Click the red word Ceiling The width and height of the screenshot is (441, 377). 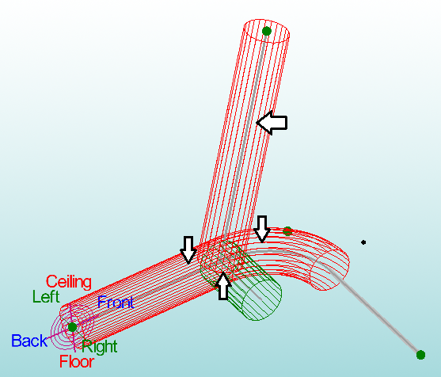tap(69, 282)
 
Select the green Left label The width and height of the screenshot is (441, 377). tap(46, 296)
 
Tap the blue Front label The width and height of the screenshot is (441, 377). tap(116, 303)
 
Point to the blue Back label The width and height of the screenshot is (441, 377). tap(29, 341)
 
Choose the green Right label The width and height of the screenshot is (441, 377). tap(100, 347)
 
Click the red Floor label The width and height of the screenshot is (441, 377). tap(77, 361)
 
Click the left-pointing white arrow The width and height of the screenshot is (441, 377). tap(272, 123)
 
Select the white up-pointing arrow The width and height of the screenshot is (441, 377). tap(223, 286)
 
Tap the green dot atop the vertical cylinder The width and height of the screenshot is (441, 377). tap(266, 31)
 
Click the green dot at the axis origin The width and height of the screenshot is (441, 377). tap(72, 327)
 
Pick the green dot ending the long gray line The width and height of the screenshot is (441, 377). tap(420, 355)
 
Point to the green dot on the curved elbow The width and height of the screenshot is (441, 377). tap(287, 231)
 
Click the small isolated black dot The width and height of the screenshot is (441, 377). tap(363, 242)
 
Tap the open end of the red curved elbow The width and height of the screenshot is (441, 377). tap(329, 269)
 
